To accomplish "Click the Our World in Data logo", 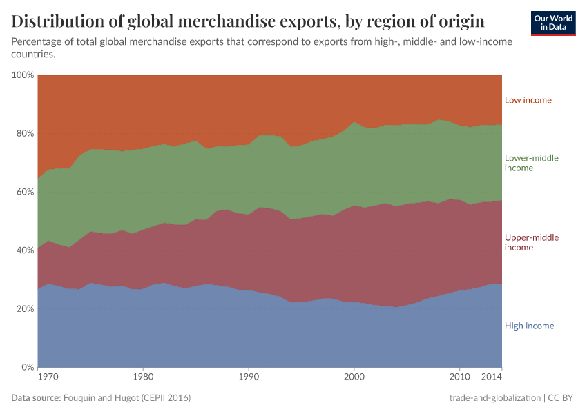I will tap(552, 23).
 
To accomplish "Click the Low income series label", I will tap(528, 100).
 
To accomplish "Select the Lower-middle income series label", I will tap(531, 163).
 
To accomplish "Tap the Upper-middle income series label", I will tap(531, 242).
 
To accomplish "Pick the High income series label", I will tap(529, 326).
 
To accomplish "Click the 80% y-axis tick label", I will tap(25, 133).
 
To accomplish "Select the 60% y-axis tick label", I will tap(25, 192).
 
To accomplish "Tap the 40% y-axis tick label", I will tap(25, 250).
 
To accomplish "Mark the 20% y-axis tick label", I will tap(25, 309).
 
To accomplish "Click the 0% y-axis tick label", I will tap(28, 367).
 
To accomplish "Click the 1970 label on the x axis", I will tap(48, 377).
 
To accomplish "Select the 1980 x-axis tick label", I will tap(143, 377).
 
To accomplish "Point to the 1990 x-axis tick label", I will tap(249, 377).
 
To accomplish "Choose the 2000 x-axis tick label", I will tap(354, 377).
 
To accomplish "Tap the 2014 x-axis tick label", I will tap(492, 377).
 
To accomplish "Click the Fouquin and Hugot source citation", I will tap(126, 398).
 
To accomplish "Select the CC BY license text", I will tap(562, 398).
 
